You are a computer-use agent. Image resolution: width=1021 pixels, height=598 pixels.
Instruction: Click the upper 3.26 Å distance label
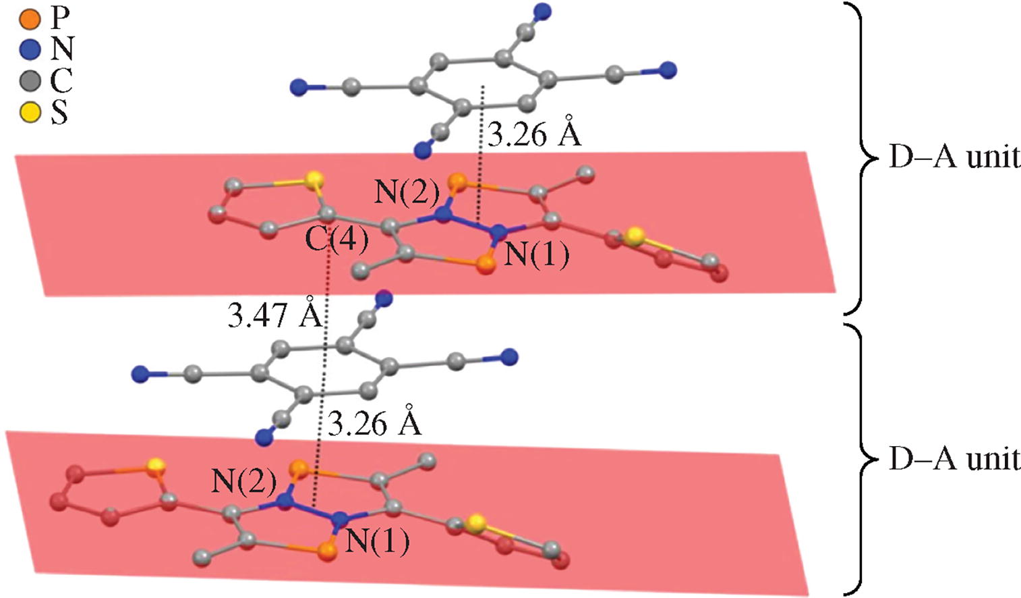click(x=534, y=135)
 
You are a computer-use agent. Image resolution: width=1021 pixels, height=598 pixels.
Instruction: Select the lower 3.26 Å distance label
click(x=374, y=424)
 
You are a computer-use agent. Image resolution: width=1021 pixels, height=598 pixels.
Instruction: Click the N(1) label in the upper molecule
click(x=537, y=254)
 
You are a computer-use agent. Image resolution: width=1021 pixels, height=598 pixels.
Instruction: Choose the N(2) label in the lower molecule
click(x=243, y=481)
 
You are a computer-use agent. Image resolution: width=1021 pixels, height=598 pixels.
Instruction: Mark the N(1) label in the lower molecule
click(x=377, y=541)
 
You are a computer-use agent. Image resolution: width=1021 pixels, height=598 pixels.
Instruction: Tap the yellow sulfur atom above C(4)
click(x=312, y=180)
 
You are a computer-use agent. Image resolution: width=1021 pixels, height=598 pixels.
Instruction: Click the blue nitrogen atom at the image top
click(x=542, y=11)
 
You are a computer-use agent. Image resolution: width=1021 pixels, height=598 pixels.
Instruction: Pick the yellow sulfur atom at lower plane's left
click(x=156, y=465)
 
